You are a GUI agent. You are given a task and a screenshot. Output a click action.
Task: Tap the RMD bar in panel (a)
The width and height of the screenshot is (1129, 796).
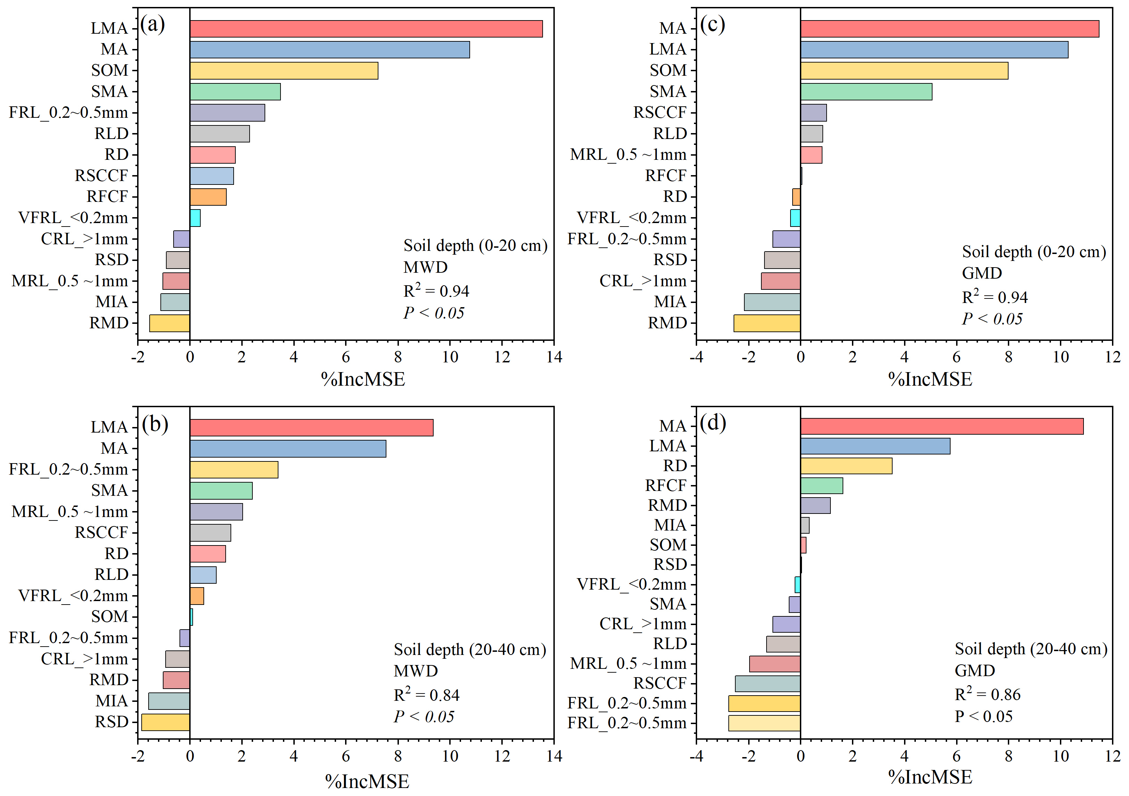tap(170, 323)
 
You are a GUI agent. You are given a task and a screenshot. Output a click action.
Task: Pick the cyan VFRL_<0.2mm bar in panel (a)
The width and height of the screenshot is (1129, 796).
tap(195, 218)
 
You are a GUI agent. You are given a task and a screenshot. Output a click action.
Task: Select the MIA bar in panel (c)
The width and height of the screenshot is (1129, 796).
tap(772, 302)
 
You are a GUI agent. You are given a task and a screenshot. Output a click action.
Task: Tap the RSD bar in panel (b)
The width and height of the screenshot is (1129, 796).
tap(165, 722)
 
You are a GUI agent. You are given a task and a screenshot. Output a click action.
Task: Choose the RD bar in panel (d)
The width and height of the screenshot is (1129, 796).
tap(846, 466)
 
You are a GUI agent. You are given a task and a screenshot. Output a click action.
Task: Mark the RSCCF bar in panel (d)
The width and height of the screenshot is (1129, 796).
tap(768, 684)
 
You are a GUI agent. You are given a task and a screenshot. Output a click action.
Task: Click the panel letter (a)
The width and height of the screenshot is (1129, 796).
tap(152, 24)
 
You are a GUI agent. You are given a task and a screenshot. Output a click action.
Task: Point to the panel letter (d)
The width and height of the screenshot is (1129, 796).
tap(713, 423)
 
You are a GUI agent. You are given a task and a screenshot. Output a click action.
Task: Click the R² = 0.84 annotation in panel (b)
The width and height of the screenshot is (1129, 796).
tap(426, 694)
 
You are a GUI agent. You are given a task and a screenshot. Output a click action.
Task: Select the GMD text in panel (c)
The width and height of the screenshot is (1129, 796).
tap(981, 273)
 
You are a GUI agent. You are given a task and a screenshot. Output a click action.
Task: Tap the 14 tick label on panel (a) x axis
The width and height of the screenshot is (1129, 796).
tap(554, 357)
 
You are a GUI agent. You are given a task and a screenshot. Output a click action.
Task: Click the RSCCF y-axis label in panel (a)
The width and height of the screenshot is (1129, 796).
tap(101, 175)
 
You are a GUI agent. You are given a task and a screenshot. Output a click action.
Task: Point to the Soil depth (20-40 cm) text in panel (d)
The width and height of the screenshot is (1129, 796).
tap(1031, 649)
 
